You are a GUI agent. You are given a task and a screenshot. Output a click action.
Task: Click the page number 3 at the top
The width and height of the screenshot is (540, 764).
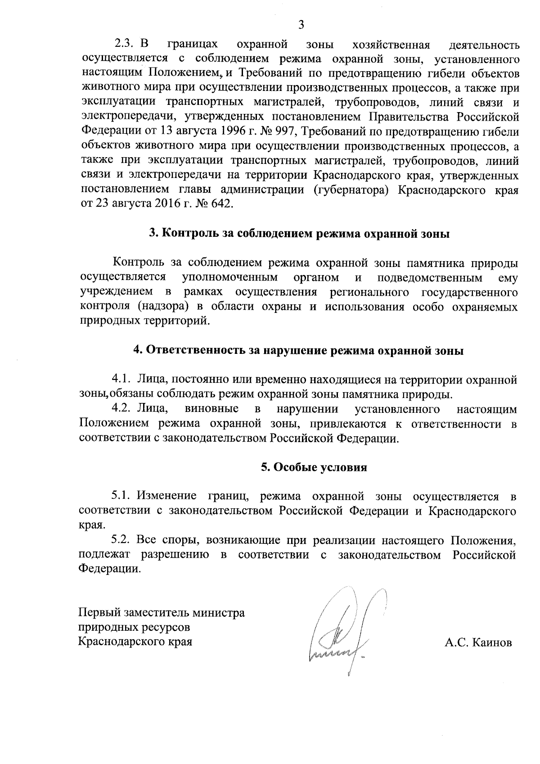pos(301,24)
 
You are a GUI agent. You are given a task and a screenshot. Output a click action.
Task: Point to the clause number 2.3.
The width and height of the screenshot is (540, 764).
pos(124,45)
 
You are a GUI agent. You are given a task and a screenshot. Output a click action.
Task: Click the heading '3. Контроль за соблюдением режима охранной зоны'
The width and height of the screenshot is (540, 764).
pos(300,234)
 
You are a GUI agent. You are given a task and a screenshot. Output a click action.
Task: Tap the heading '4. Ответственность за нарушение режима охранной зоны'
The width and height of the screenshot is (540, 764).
pos(299,351)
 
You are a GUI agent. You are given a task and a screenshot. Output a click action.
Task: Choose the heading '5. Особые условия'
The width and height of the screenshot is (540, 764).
pos(314,467)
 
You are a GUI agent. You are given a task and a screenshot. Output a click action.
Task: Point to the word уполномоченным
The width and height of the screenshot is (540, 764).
pos(230,277)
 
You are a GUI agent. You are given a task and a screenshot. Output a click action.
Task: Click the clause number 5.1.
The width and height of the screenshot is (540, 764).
pos(121,496)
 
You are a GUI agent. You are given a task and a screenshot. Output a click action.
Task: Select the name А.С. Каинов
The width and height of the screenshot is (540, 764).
pos(478,642)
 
